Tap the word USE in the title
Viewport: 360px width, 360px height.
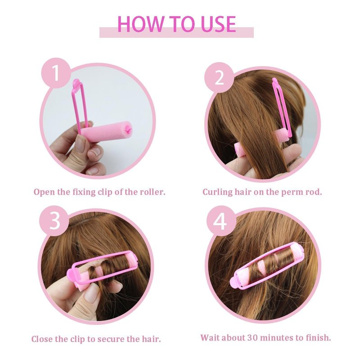[x=218, y=24]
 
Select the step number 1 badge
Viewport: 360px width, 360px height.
[x=56, y=73]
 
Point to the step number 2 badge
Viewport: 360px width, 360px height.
[x=219, y=77]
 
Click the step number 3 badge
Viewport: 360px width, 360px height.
[x=54, y=220]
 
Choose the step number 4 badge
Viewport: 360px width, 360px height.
[x=220, y=221]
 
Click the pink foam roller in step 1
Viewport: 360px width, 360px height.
[x=107, y=132]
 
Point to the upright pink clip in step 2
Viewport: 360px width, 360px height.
[x=282, y=108]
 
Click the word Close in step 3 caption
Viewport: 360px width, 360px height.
[x=42, y=339]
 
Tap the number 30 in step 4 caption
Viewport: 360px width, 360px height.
[x=252, y=338]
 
